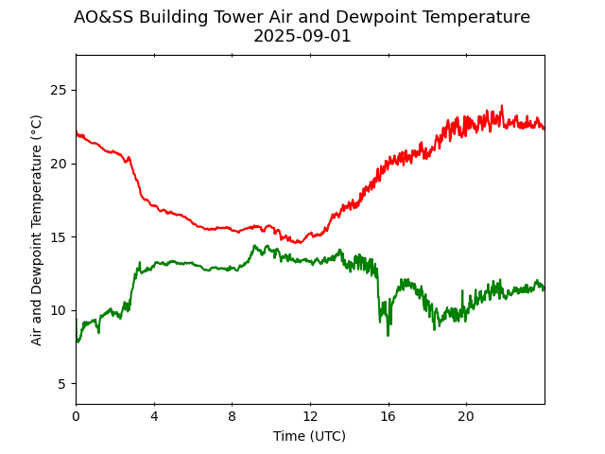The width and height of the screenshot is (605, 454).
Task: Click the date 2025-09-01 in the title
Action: (x=302, y=36)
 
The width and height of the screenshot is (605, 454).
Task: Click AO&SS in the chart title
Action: (x=104, y=17)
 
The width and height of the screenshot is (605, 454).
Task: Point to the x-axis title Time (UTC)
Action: (x=309, y=436)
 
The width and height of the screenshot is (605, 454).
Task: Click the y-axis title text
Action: (x=37, y=230)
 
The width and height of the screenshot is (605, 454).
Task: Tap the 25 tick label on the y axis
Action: (x=59, y=91)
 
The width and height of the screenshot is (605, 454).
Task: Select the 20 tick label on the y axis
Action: (x=59, y=164)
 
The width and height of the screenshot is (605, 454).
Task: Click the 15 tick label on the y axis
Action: (x=59, y=237)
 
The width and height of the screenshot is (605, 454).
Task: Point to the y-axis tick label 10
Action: (x=59, y=310)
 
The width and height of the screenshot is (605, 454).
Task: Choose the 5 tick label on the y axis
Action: (x=62, y=384)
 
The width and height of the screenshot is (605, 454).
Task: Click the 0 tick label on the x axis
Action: (x=76, y=416)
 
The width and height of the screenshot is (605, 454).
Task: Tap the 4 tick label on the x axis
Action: (x=154, y=416)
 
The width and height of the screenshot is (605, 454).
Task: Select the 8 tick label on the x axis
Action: (x=232, y=416)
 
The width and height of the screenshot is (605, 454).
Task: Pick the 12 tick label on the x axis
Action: (x=310, y=416)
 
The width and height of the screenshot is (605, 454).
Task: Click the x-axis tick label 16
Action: (x=388, y=416)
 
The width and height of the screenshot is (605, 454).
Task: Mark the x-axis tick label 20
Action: (x=466, y=416)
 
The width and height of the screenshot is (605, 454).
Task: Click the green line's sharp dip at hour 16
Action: (x=388, y=334)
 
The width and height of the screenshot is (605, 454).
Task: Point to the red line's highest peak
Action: (x=502, y=106)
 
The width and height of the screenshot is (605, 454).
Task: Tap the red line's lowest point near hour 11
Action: (x=299, y=243)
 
